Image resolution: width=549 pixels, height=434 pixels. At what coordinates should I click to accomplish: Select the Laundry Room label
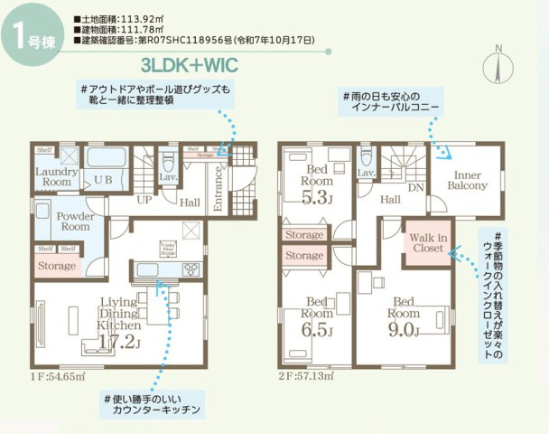(x=52, y=176)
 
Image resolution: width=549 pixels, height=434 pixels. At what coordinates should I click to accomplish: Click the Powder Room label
(x=76, y=222)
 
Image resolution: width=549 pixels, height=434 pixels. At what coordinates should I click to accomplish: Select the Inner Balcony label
(x=470, y=180)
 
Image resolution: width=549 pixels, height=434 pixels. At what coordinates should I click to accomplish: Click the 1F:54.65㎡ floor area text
(x=58, y=374)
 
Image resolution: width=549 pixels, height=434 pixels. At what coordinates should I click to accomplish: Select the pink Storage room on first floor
(x=57, y=266)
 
